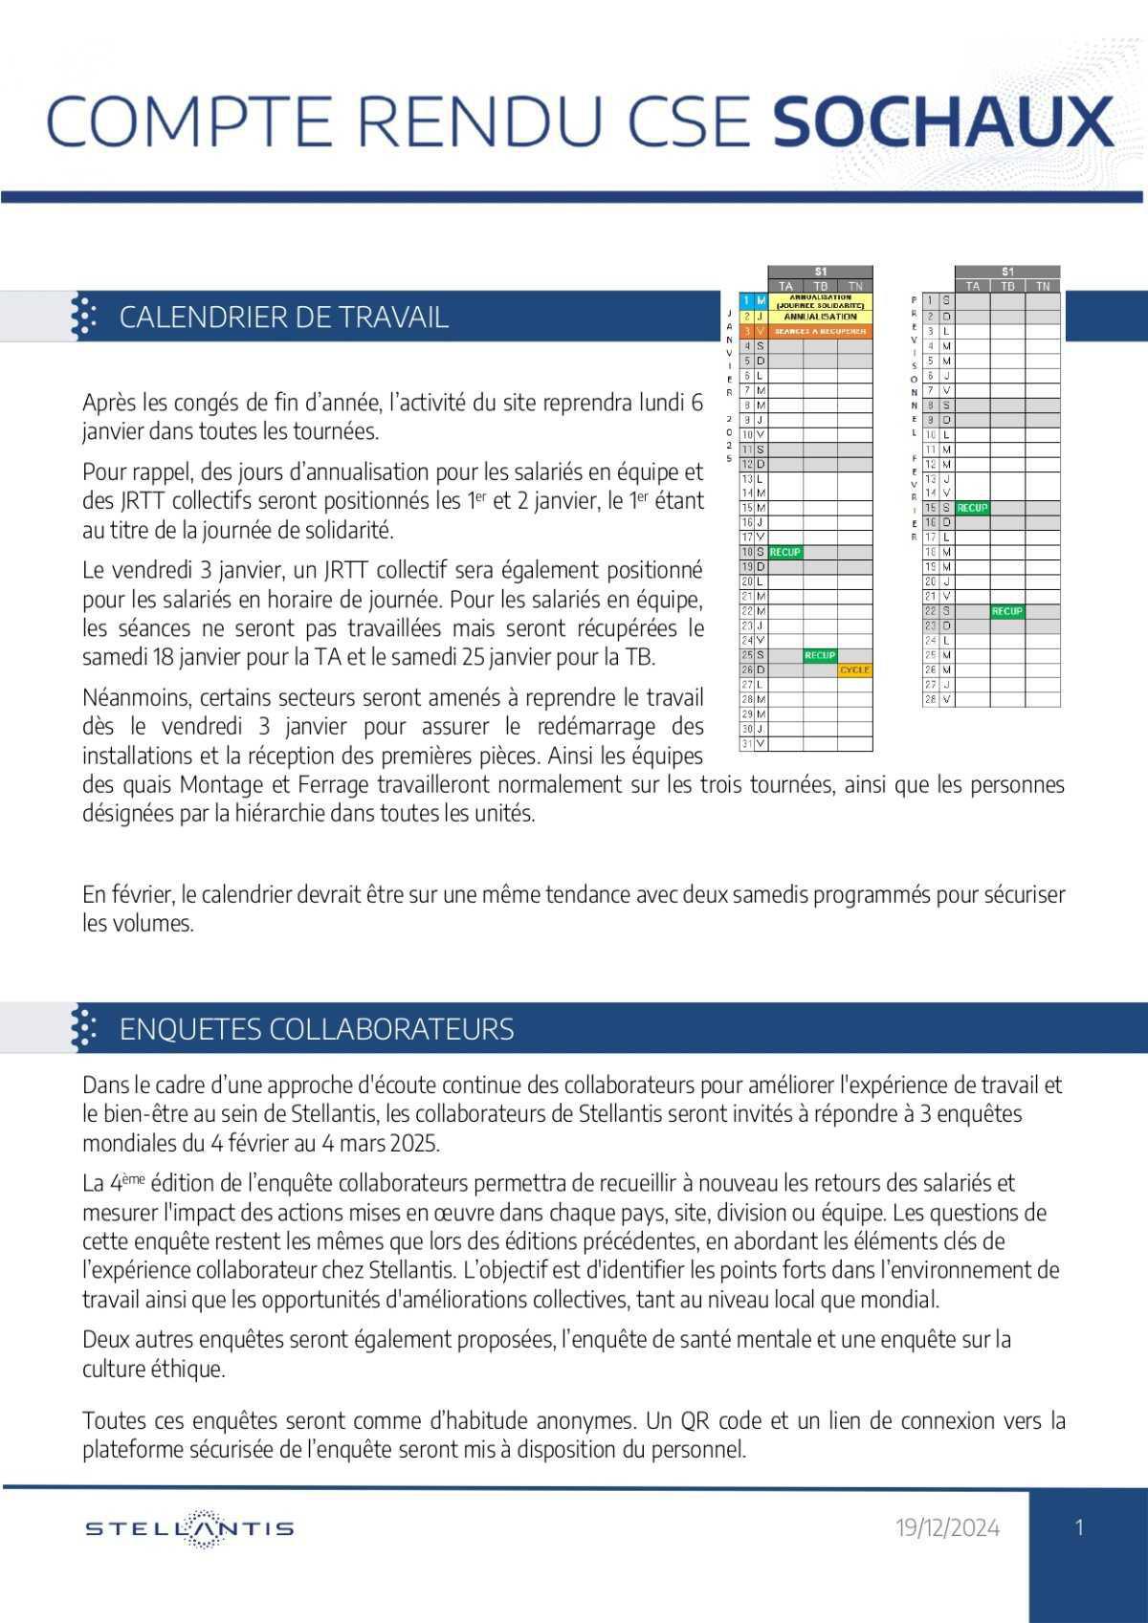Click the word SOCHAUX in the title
[943, 122]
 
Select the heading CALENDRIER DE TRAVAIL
[283, 318]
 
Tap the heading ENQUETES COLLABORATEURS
[317, 1029]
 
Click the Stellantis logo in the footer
[189, 1528]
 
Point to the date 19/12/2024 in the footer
[947, 1528]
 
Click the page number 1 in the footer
[1079, 1527]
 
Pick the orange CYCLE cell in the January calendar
[854, 670]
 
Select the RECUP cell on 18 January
[785, 553]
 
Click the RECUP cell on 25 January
[820, 656]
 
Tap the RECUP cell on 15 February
[972, 509]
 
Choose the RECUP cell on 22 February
[1007, 611]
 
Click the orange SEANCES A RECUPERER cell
[820, 331]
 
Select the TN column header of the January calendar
[855, 286]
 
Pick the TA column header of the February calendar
[972, 286]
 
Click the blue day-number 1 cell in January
[746, 301]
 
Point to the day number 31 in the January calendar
[746, 743]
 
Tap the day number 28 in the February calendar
[930, 700]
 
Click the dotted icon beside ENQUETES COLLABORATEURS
[85, 1029]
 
